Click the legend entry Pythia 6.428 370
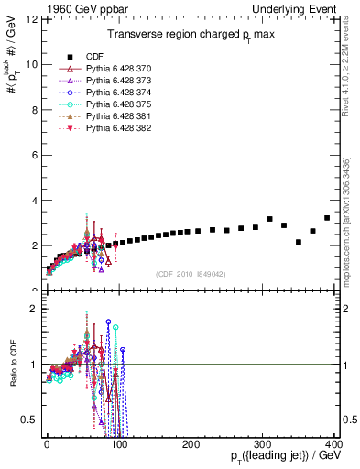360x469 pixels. click(x=119, y=69)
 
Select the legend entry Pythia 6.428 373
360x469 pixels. click(x=119, y=81)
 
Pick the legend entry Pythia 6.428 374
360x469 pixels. click(x=119, y=93)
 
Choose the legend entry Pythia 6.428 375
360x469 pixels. click(x=119, y=104)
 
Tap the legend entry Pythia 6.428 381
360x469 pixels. click(x=119, y=116)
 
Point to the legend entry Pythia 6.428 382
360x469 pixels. click(x=119, y=128)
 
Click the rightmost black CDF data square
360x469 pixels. click(x=327, y=218)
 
